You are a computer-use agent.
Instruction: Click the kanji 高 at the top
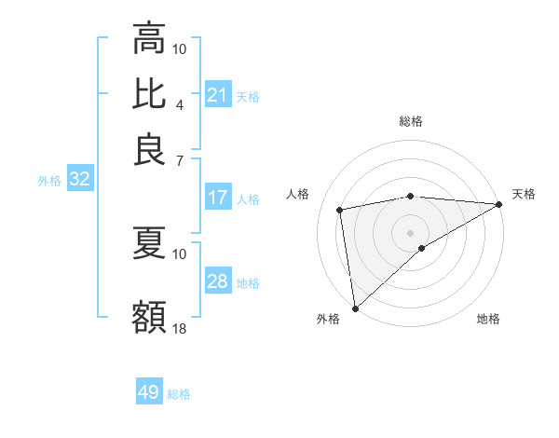click(x=149, y=39)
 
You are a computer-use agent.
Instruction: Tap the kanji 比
click(x=149, y=93)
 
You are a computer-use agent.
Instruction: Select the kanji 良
click(x=149, y=149)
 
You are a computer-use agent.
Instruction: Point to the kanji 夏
click(x=149, y=243)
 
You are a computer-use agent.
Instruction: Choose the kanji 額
click(x=149, y=317)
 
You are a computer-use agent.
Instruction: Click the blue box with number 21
click(x=217, y=95)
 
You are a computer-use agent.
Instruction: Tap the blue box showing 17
click(x=217, y=198)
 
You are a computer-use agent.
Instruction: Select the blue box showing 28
click(x=217, y=281)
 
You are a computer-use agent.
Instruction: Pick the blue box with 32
click(x=79, y=180)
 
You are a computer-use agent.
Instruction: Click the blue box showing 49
click(x=149, y=392)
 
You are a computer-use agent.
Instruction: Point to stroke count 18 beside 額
click(x=180, y=328)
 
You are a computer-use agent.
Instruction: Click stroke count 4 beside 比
click(x=179, y=103)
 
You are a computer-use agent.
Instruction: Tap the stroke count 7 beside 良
click(x=179, y=160)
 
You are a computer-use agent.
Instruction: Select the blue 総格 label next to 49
click(x=179, y=394)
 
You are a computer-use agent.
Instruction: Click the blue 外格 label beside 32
click(x=49, y=181)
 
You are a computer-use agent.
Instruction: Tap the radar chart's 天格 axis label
click(x=524, y=194)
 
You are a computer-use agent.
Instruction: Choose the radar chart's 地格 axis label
click(x=488, y=319)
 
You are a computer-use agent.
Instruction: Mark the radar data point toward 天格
click(x=499, y=205)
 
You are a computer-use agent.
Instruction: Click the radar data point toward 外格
click(x=355, y=308)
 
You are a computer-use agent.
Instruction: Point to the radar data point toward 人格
click(x=341, y=210)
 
